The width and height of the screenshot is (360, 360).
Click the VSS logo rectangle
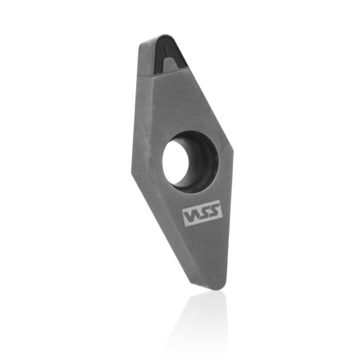coord(202,213)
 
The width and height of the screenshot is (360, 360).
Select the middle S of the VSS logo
coord(202,213)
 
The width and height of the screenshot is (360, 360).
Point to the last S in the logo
coord(213,210)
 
